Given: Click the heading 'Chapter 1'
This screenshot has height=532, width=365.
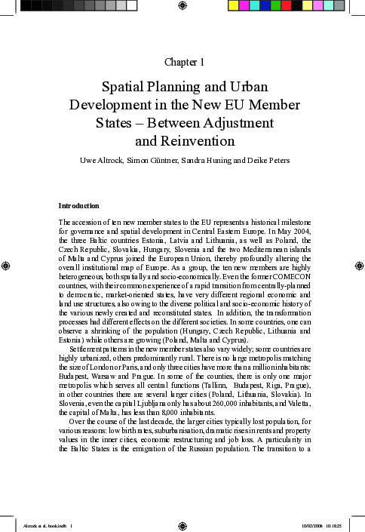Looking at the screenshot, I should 182,60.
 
